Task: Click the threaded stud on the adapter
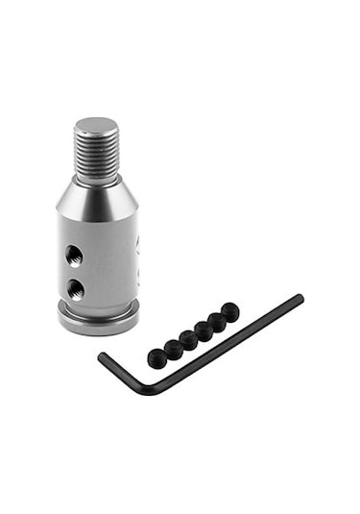(96, 153)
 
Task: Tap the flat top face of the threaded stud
(96, 126)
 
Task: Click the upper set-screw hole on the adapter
(74, 255)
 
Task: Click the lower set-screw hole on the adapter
(75, 287)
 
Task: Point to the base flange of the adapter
(98, 320)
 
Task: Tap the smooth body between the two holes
(75, 271)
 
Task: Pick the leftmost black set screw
(156, 358)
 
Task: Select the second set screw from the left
(173, 349)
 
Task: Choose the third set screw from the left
(188, 339)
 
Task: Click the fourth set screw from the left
(204, 330)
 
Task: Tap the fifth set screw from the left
(217, 321)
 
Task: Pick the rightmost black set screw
(230, 312)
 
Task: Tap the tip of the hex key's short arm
(101, 357)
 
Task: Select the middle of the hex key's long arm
(226, 343)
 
